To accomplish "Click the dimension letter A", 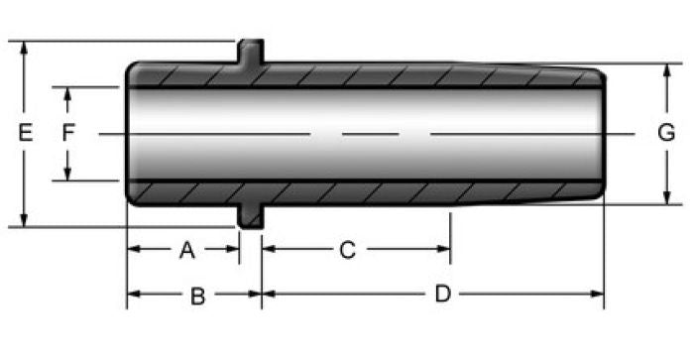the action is point(187,250).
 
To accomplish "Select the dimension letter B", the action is point(198,297).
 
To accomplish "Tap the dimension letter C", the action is point(347,250).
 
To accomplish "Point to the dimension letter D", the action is point(442,294).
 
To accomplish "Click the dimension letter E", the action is point(25,133).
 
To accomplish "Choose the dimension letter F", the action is point(68,133).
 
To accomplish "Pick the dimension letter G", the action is point(666,133).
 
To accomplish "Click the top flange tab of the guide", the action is point(251,51).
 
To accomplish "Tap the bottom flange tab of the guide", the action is point(251,216).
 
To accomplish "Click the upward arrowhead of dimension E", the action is point(24,48).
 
